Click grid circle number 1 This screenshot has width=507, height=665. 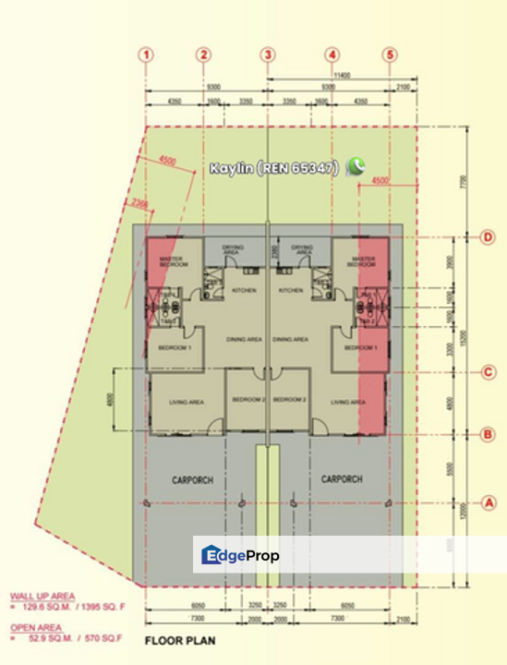point(146,55)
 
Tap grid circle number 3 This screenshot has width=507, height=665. point(268,55)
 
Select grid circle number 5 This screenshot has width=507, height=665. point(390,55)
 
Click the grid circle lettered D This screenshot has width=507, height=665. point(489,237)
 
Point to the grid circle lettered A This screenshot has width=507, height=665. point(489,502)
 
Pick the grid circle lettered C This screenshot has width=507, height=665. point(489,373)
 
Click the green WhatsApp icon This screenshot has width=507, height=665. point(355,167)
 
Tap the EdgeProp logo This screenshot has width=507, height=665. point(240,555)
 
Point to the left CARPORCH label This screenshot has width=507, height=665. point(192,480)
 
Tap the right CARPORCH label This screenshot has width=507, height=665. point(342,480)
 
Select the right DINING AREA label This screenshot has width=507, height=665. point(290,339)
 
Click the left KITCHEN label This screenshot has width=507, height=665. point(244,291)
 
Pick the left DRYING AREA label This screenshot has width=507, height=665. point(233,249)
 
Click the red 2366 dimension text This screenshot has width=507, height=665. point(140,201)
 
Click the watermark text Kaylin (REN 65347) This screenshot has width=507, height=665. point(274,168)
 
